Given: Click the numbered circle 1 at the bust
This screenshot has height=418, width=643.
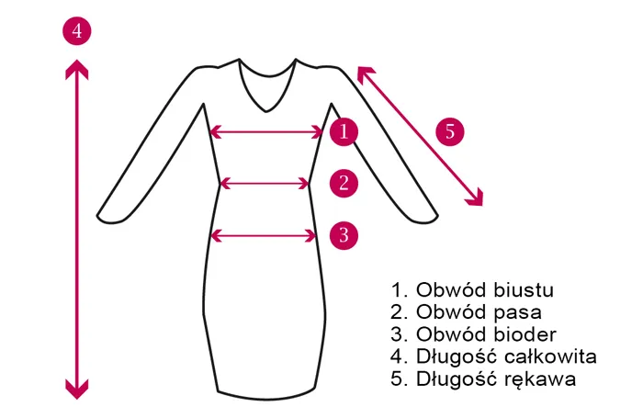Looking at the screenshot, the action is [x=344, y=131].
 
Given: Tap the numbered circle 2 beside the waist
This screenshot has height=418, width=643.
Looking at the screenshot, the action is [x=344, y=183].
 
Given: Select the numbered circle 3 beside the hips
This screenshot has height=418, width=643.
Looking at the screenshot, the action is [x=344, y=235].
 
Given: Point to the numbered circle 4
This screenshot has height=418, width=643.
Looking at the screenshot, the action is [x=76, y=30].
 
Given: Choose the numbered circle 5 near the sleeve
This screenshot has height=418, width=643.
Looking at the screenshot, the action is [x=450, y=131].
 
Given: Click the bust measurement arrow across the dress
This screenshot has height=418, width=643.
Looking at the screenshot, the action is [x=266, y=132].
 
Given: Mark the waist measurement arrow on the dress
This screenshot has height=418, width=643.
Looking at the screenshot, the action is [x=265, y=184].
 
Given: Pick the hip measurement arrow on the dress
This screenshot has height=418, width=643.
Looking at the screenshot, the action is [x=264, y=236].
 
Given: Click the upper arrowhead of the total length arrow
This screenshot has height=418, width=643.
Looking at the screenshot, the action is [x=76, y=69].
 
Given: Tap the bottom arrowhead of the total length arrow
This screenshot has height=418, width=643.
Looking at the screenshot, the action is [x=76, y=390].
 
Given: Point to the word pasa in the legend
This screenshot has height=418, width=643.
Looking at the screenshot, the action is [x=517, y=313].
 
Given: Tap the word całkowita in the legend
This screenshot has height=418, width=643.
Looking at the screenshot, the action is [x=550, y=356].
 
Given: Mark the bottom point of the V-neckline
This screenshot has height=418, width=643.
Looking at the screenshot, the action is [x=266, y=111].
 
